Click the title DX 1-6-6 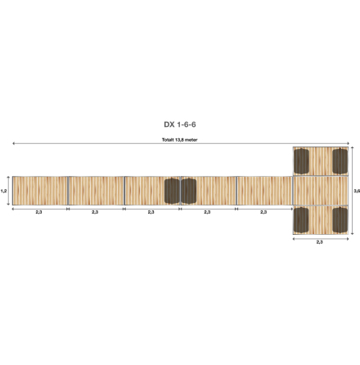pyautogui.click(x=179, y=125)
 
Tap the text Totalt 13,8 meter pyautogui.click(x=180, y=140)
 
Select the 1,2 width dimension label pyautogui.click(x=4, y=191)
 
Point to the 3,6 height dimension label pyautogui.click(x=356, y=191)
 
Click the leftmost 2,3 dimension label pyautogui.click(x=38, y=212)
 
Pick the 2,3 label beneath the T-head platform pyautogui.click(x=319, y=243)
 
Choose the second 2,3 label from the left pyautogui.click(x=95, y=212)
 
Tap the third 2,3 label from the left pyautogui.click(x=151, y=212)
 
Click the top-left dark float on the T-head pyautogui.click(x=301, y=162)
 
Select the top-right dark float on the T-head pyautogui.click(x=340, y=162)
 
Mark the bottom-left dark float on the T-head pyautogui.click(x=301, y=219)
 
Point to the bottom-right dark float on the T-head pyautogui.click(x=340, y=219)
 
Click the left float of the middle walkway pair pyautogui.click(x=172, y=191)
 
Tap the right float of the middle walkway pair pyautogui.click(x=188, y=191)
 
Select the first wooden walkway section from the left pyautogui.click(x=38, y=191)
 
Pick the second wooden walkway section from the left pyautogui.click(x=95, y=191)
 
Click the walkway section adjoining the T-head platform pyautogui.click(x=263, y=191)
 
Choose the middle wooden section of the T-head pyautogui.click(x=320, y=191)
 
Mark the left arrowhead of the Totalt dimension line pyautogui.click(x=13, y=144)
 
